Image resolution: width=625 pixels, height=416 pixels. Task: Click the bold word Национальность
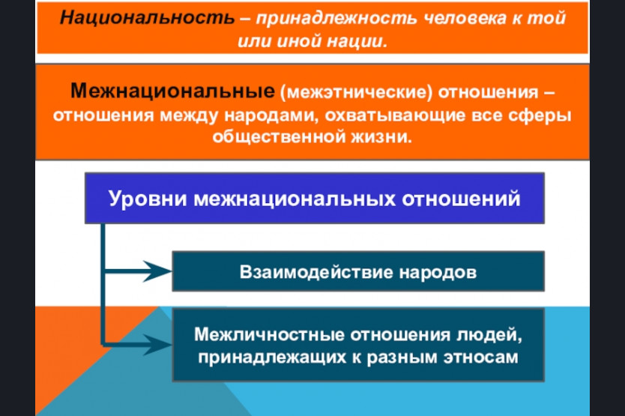147,18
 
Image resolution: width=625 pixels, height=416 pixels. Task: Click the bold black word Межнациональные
172,91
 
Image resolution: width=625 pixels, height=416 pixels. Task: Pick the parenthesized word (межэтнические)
356,92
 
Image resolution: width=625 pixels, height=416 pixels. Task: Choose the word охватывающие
395,115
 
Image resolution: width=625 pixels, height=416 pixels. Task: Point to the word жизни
381,137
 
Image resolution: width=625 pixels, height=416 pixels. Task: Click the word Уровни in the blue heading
148,199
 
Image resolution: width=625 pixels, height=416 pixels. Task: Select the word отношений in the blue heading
461,198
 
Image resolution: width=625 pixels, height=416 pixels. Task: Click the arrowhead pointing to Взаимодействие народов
158,271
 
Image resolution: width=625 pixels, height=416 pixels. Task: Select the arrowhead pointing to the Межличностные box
158,344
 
